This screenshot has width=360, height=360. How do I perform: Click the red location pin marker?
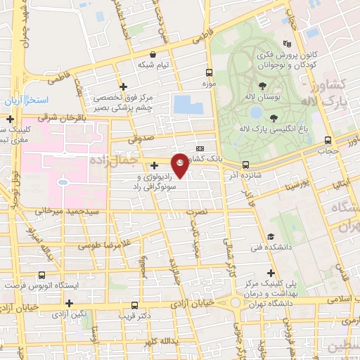[x=180, y=164]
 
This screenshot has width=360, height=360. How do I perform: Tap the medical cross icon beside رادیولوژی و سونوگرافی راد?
[x=154, y=166]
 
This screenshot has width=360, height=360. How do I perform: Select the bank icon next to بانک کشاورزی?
[x=200, y=149]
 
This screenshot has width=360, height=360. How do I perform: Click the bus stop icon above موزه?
[x=209, y=72]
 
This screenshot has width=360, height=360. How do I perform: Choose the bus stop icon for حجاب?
[x=328, y=139]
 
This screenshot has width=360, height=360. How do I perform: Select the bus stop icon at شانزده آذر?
[x=245, y=166]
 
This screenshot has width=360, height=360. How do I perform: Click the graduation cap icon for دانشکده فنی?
[x=270, y=237]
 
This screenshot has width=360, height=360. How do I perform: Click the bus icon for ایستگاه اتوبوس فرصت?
[x=42, y=276]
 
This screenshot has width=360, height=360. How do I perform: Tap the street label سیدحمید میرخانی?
[x=70, y=210]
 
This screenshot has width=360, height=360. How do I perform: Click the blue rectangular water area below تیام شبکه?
[x=188, y=105]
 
